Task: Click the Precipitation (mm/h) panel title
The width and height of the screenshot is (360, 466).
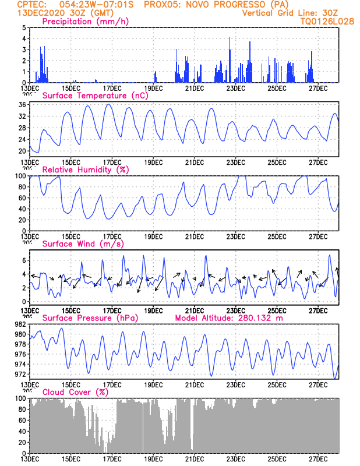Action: (85, 22)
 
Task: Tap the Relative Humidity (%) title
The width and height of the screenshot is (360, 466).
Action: (85, 170)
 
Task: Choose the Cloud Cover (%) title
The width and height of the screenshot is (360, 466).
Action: (75, 392)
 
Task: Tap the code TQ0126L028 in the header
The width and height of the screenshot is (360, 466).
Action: (327, 21)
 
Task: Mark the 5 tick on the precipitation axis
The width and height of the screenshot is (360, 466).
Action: (23, 27)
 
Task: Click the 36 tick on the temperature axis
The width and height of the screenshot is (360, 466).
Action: (21, 105)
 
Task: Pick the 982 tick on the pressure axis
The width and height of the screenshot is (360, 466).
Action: (19, 324)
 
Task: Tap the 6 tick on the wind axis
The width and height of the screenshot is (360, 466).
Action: (23, 260)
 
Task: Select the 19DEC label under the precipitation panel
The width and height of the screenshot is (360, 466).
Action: (153, 88)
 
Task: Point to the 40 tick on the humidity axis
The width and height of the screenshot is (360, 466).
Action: (21, 209)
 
